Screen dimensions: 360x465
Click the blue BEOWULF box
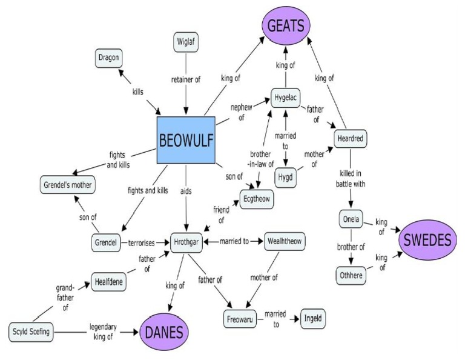point(186,140)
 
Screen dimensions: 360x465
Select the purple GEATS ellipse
point(286,27)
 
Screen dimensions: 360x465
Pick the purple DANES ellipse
point(165,332)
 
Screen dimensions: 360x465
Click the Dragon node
point(110,58)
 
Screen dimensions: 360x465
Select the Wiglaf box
point(186,42)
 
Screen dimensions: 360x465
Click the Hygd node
point(285,178)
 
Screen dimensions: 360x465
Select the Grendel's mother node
point(68,184)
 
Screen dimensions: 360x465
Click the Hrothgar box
point(186,241)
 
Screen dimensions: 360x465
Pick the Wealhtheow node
point(284,241)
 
